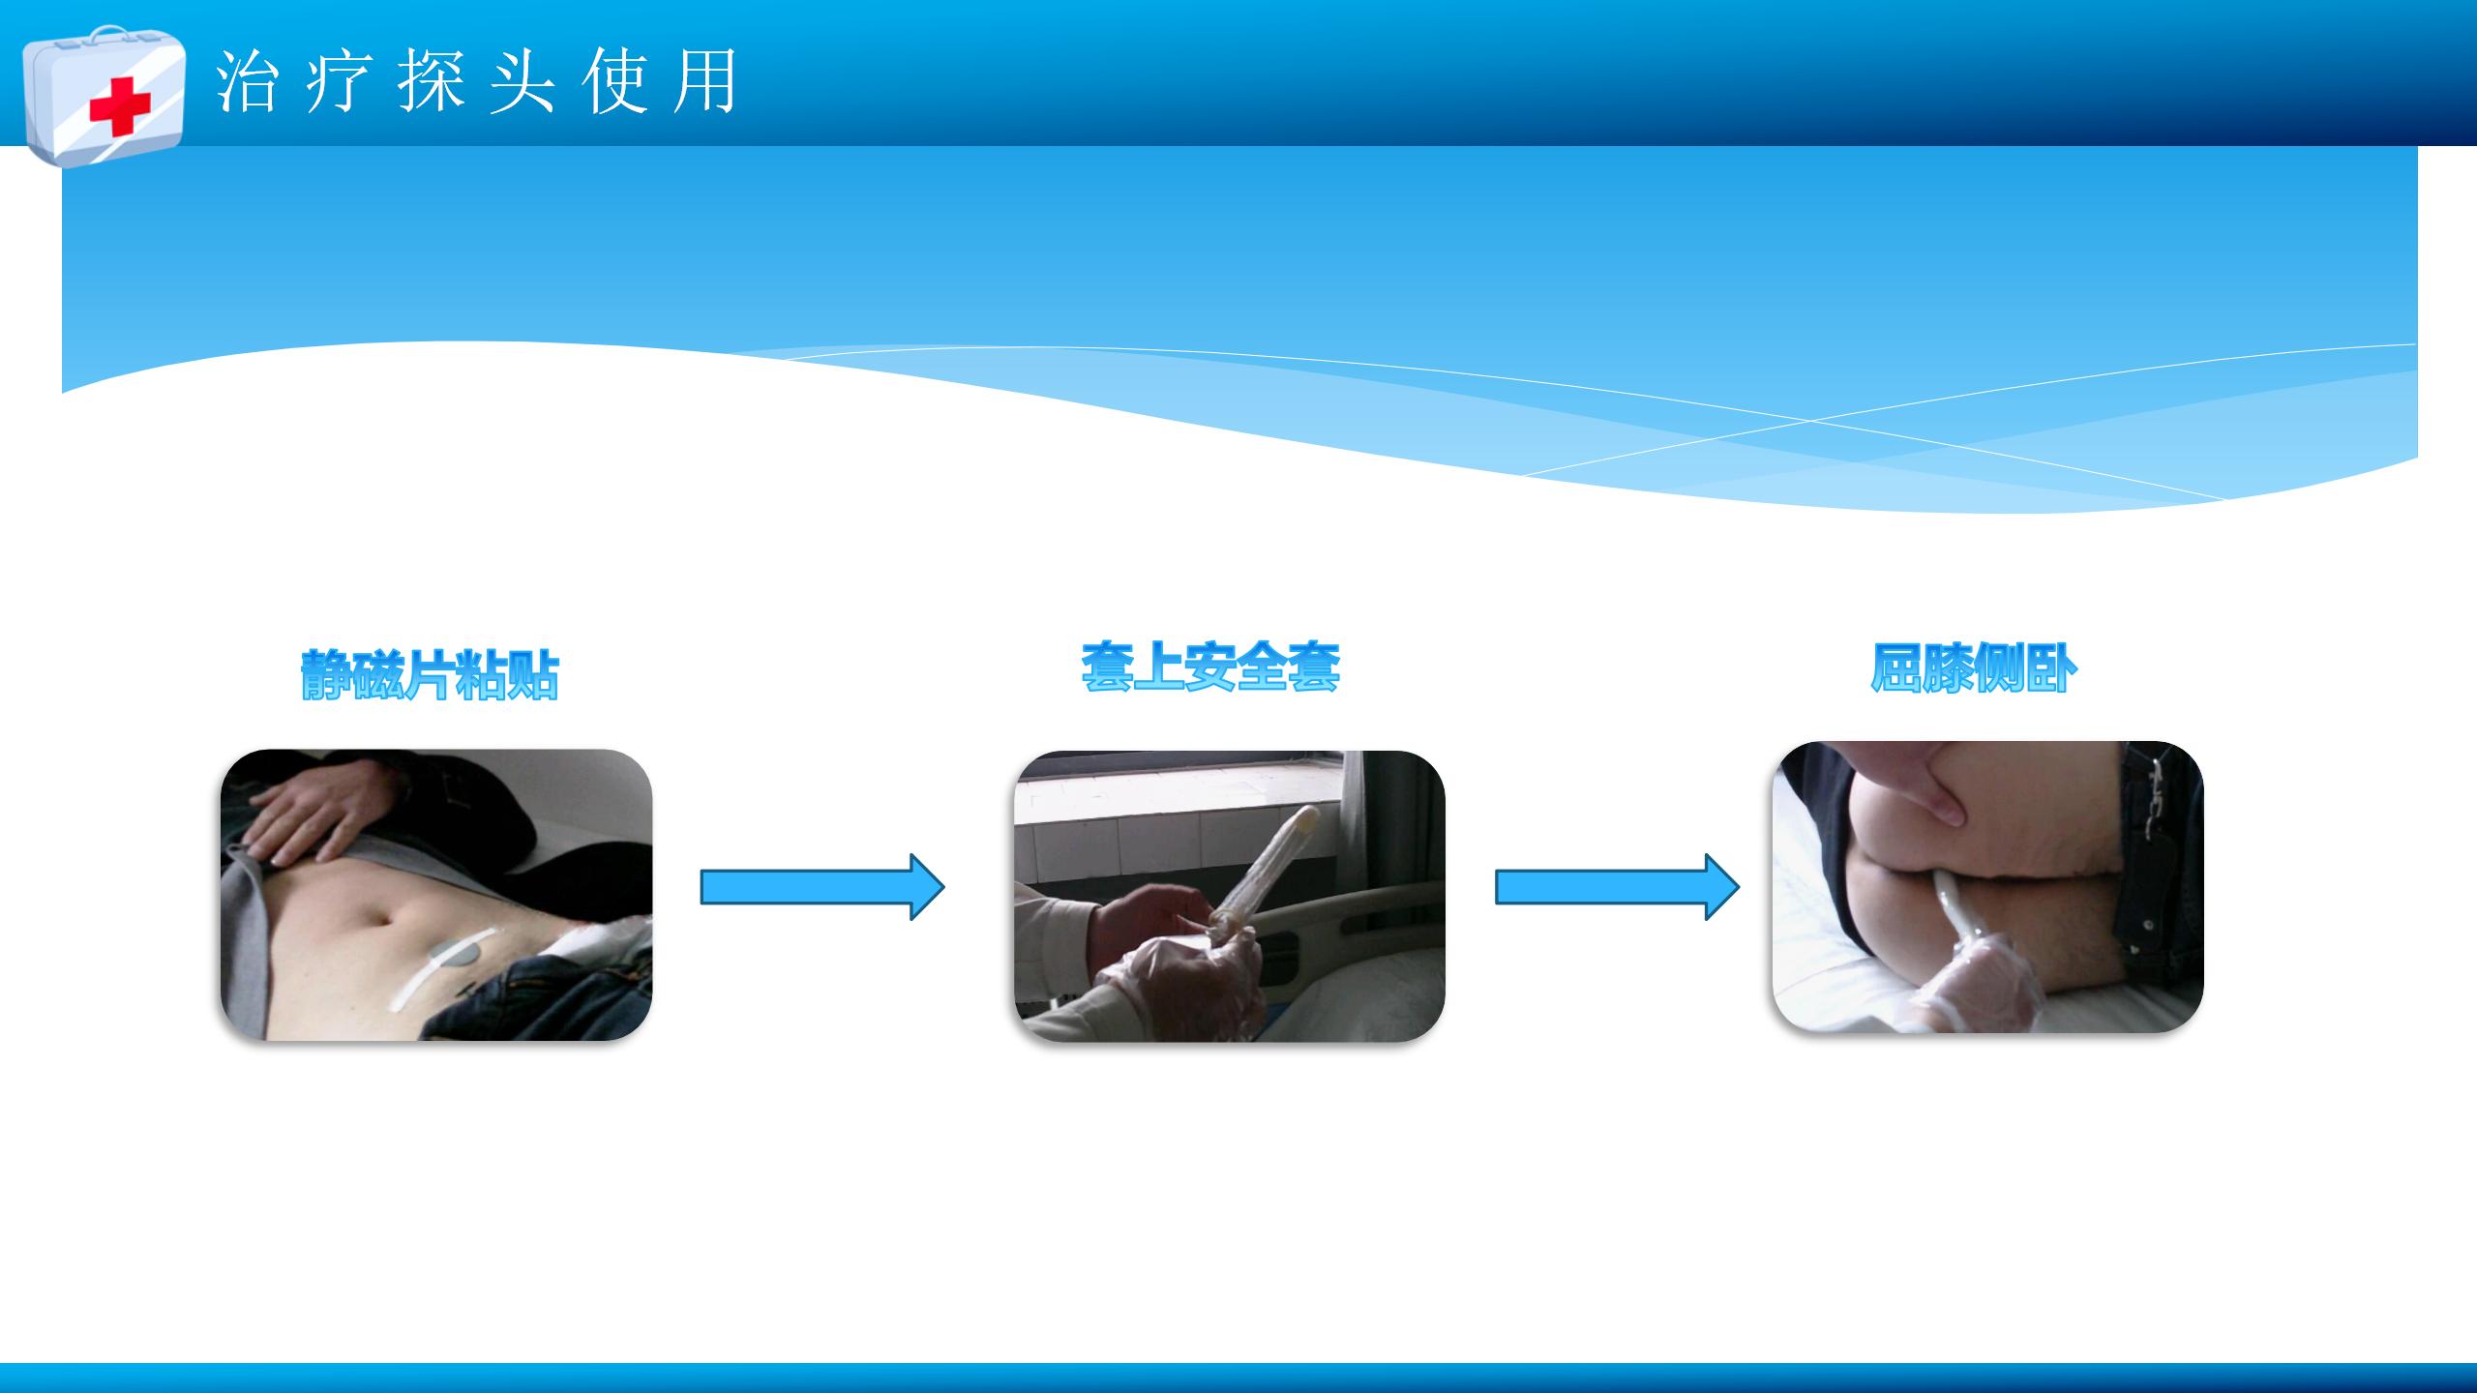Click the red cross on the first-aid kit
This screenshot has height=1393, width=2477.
point(120,105)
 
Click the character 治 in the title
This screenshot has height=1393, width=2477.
point(247,81)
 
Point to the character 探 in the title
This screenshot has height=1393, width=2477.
point(430,81)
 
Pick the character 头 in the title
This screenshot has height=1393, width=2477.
point(522,81)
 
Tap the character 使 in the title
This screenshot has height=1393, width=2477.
point(613,81)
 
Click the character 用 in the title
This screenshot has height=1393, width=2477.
point(705,81)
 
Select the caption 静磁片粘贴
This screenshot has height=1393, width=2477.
point(431,674)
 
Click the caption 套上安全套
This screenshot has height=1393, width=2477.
point(1210,667)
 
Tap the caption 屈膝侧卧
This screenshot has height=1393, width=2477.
point(1974,668)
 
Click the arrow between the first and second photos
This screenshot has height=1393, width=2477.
point(822,886)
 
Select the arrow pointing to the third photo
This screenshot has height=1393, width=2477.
point(1618,886)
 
